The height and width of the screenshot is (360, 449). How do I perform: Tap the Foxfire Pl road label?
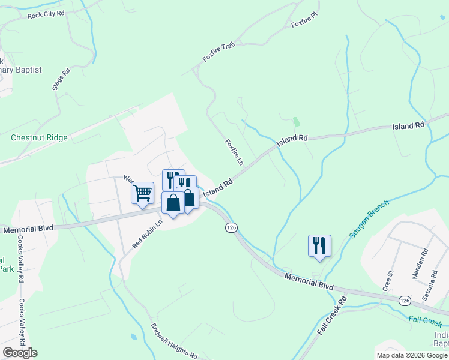point(304,23)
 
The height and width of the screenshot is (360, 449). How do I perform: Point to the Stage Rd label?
point(58,79)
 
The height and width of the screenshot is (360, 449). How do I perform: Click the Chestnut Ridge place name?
point(39,137)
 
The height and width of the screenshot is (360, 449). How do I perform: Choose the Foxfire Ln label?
point(234,152)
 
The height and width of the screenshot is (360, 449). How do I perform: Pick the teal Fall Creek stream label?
point(425,322)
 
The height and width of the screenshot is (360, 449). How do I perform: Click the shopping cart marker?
point(143,193)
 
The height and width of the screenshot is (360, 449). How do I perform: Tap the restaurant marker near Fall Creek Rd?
point(319,245)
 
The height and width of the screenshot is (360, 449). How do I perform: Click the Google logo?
point(20,353)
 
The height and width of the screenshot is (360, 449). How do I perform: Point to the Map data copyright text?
point(411,355)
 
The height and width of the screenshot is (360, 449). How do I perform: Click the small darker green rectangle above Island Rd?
point(297,122)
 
